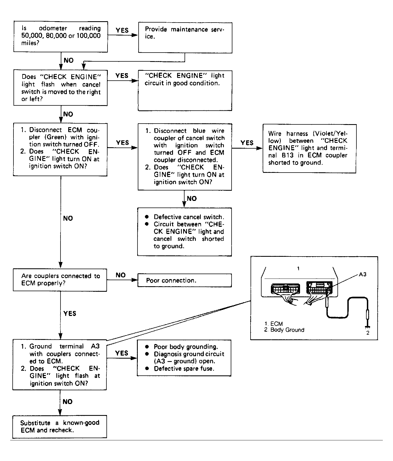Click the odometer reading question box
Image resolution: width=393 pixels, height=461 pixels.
(x=61, y=37)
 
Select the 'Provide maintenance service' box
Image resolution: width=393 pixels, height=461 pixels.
(x=185, y=38)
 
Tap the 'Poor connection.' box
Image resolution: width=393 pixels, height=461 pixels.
(x=185, y=280)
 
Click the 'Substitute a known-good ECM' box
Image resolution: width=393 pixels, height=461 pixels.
(x=60, y=427)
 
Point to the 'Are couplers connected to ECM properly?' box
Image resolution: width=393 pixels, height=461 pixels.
(x=60, y=280)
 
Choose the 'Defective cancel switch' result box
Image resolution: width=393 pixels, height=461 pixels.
(x=185, y=232)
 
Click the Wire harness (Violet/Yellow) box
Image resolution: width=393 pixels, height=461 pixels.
(x=309, y=149)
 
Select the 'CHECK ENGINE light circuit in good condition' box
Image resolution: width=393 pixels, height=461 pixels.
(x=185, y=91)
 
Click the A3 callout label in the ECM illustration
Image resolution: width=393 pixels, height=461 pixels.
(x=362, y=274)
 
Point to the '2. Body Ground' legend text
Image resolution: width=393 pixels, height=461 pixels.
(x=284, y=330)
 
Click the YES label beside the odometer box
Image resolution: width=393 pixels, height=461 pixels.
(x=122, y=30)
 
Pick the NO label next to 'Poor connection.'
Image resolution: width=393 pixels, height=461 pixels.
(x=120, y=275)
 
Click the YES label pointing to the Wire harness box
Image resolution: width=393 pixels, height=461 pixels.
(x=247, y=143)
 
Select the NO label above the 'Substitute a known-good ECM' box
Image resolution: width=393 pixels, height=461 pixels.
(x=67, y=402)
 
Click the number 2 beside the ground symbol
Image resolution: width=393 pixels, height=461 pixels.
(x=368, y=333)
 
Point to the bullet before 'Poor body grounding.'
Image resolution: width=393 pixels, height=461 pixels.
(x=147, y=347)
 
